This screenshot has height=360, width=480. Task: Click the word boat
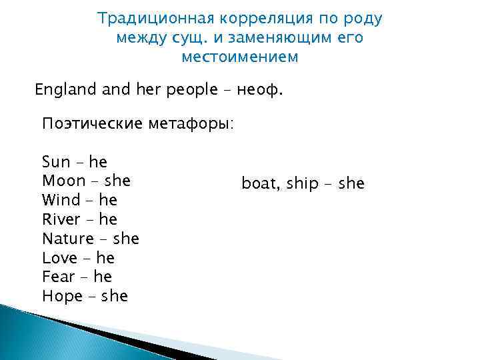point(259,183)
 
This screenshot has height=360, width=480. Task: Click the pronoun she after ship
point(351,183)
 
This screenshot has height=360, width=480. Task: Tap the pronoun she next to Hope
point(115,296)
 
